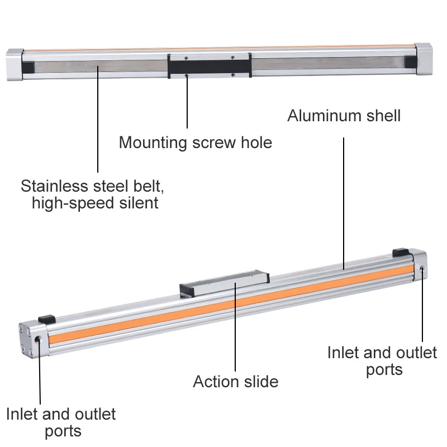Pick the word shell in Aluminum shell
(383, 116)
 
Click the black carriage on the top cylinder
(209, 66)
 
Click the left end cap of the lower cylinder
(31, 340)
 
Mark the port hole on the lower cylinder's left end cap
(37, 340)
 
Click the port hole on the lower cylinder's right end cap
(421, 270)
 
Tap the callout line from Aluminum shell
(343, 196)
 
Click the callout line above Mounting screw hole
(187, 103)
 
